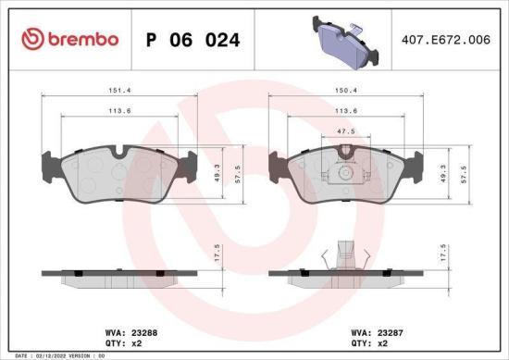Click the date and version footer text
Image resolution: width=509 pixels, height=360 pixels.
(57, 355)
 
